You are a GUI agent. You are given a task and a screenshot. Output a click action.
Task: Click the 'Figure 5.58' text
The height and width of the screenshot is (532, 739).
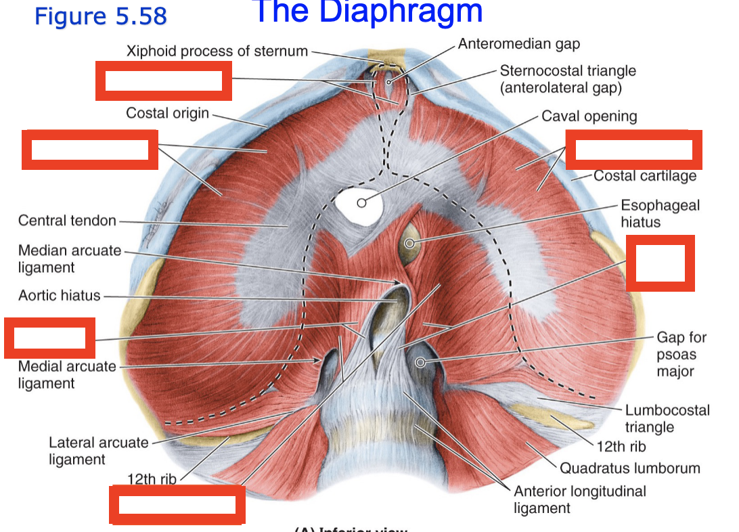click(100, 16)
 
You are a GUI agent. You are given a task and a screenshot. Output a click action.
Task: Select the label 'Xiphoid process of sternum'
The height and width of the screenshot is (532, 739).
click(217, 51)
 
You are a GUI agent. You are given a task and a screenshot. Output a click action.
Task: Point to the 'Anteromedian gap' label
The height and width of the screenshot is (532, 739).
click(518, 44)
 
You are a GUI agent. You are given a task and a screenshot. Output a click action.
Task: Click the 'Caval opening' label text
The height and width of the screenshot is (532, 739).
click(589, 116)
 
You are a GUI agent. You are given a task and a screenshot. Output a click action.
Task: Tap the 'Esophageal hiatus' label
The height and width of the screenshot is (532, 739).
click(650, 213)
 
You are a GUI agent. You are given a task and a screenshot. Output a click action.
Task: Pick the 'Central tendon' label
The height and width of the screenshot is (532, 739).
click(67, 221)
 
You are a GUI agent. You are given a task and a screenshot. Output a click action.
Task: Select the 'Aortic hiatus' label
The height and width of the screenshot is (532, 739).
click(59, 295)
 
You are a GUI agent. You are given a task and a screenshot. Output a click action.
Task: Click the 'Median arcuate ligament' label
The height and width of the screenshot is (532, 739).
click(70, 259)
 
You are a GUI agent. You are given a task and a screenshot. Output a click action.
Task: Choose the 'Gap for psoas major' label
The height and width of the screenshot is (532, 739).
click(681, 354)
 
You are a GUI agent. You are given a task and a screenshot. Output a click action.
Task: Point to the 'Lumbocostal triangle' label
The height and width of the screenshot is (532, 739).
click(667, 418)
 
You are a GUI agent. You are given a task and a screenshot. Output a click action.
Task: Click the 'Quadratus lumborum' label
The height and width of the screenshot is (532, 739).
click(629, 468)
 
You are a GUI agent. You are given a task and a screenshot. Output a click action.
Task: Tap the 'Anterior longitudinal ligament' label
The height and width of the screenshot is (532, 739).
click(579, 500)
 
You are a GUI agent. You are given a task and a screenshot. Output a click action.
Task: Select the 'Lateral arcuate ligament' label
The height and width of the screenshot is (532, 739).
click(98, 451)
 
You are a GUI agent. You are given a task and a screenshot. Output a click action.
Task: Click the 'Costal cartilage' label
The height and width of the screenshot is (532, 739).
click(644, 176)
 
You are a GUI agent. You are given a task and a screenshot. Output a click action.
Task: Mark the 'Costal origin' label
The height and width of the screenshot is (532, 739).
click(167, 113)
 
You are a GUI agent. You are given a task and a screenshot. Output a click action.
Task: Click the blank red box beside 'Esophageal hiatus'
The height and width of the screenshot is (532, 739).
click(660, 263)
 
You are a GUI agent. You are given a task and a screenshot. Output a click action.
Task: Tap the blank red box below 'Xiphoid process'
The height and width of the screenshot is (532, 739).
click(164, 81)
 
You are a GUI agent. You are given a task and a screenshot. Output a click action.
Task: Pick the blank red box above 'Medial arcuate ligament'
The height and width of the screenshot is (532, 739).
click(49, 338)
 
